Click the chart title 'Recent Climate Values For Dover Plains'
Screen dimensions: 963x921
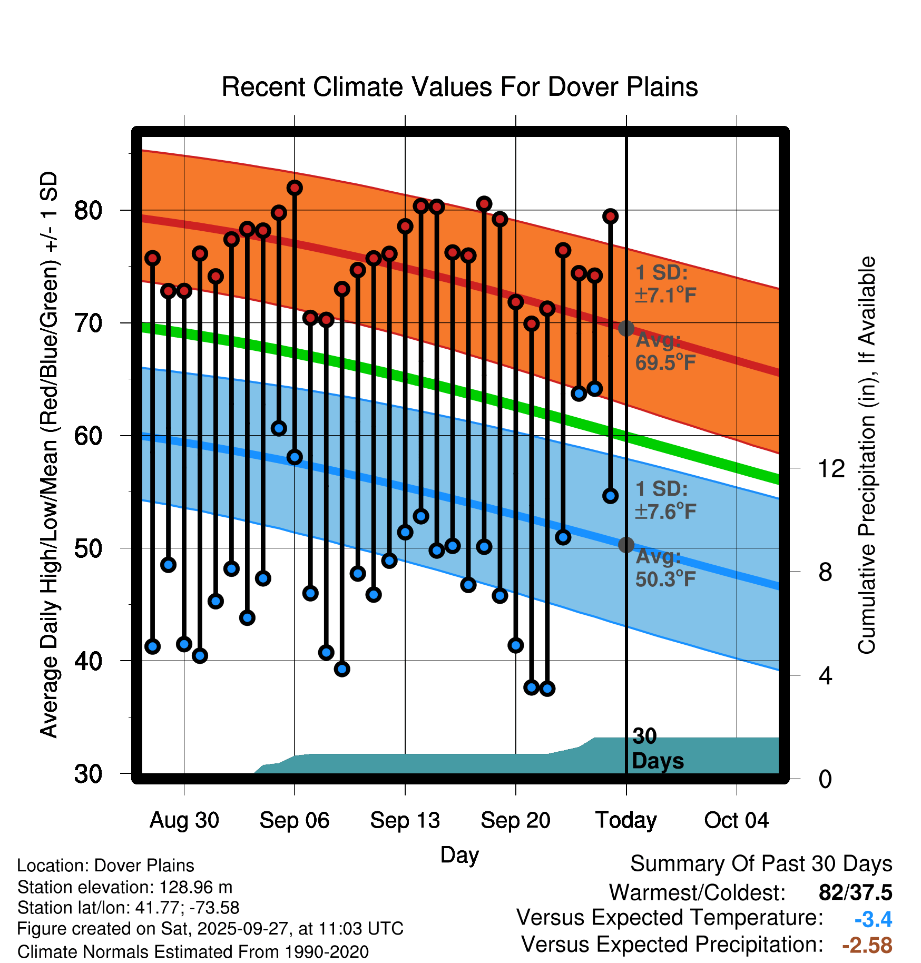[459, 87]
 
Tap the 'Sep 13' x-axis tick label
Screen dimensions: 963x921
[405, 820]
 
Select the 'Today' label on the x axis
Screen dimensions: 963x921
[626, 820]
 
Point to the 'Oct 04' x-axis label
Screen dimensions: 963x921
[736, 820]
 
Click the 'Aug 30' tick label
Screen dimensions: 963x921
[184, 820]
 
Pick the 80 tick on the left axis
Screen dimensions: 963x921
[88, 211]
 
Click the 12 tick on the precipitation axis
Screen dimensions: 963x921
[831, 468]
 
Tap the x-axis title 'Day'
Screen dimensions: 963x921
[459, 855]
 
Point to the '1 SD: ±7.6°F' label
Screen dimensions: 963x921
[665, 500]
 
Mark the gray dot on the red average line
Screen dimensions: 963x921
[626, 328]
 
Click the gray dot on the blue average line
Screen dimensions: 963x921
[626, 545]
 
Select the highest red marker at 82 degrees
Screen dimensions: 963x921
[295, 188]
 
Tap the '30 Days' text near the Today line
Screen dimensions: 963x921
[657, 749]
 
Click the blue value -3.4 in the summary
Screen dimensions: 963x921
[873, 919]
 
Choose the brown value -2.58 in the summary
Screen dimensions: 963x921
[867, 945]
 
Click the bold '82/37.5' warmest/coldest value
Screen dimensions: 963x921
[855, 893]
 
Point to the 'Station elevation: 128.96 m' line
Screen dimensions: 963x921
[125, 887]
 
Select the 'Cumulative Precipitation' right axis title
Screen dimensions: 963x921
[867, 455]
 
